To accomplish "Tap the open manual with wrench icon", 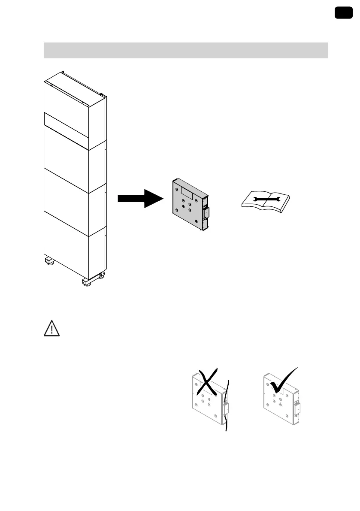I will (266, 199).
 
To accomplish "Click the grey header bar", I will (186, 50).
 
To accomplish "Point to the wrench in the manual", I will (266, 198).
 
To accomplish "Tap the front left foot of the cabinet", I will (48, 261).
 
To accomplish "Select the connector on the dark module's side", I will (206, 212).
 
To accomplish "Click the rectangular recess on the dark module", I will (188, 191).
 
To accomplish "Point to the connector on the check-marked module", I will (296, 409).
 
